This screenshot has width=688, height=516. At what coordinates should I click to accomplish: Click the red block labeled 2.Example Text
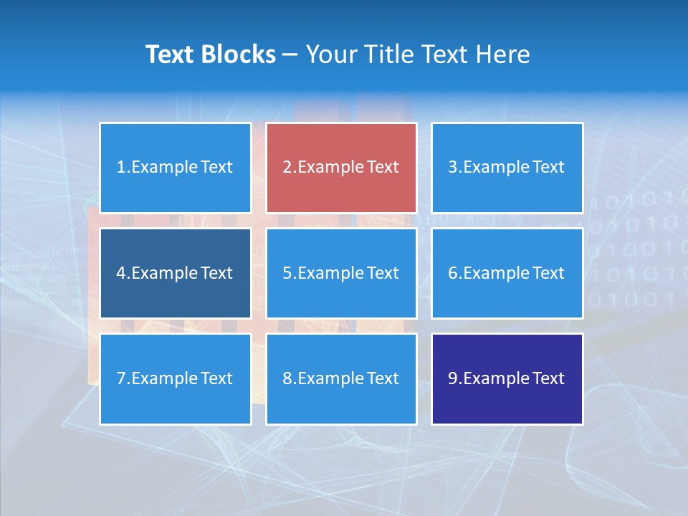[x=341, y=168]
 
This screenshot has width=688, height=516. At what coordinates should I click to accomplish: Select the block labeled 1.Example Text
[x=176, y=168]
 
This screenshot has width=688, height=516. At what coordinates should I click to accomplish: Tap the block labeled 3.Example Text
[x=507, y=168]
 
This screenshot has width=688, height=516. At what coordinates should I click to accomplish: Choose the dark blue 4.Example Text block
[x=176, y=273]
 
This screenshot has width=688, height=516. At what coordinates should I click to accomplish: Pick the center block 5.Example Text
[x=341, y=273]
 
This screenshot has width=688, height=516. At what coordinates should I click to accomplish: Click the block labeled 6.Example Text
[x=507, y=273]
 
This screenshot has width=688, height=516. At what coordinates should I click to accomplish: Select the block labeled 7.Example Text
[x=176, y=378]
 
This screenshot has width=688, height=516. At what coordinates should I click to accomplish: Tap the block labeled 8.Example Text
[x=341, y=378]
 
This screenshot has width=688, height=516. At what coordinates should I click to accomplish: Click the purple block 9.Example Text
[x=507, y=378]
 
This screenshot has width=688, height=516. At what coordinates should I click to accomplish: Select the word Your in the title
[x=331, y=54]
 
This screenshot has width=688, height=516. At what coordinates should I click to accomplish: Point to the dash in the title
[x=290, y=54]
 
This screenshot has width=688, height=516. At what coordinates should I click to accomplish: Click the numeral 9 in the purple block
[x=452, y=378]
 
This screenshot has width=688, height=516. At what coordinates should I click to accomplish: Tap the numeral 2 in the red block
[x=287, y=168]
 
